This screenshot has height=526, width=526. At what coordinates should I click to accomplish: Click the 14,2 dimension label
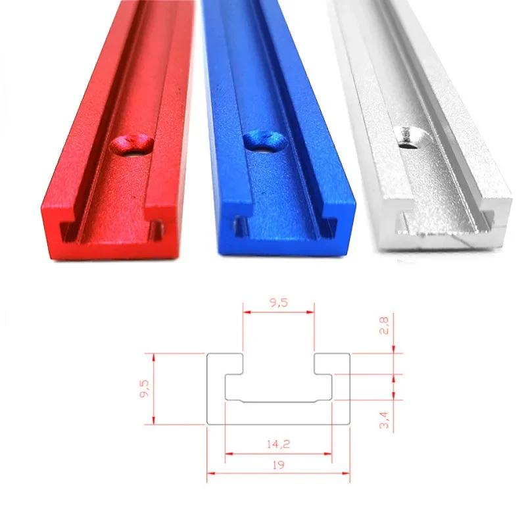click(x=279, y=444)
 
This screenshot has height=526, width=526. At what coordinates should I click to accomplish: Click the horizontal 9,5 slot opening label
click(x=279, y=303)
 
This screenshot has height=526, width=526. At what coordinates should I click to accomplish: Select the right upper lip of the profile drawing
click(x=332, y=364)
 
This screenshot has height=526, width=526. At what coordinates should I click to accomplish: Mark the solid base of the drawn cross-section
click(x=279, y=412)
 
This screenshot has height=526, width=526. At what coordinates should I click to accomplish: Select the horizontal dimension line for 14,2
click(x=279, y=453)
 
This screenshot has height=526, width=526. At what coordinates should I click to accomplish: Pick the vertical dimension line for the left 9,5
click(x=153, y=389)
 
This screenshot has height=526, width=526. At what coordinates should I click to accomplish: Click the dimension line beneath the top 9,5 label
click(x=279, y=312)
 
